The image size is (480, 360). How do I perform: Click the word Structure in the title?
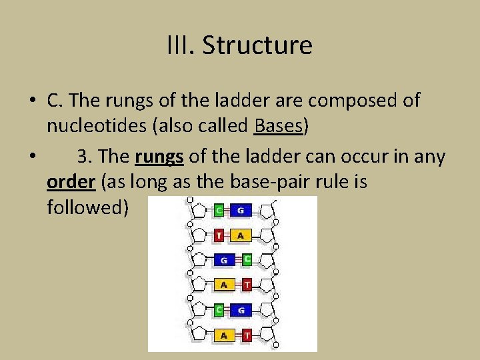(257, 45)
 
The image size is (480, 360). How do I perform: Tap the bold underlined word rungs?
(160, 157)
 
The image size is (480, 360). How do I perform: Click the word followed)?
(87, 207)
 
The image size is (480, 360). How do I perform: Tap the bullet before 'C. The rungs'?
(32, 101)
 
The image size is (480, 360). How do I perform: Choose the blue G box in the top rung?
(241, 211)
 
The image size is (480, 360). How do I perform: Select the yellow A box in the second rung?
(241, 235)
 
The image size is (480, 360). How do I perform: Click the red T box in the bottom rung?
(247, 336)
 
